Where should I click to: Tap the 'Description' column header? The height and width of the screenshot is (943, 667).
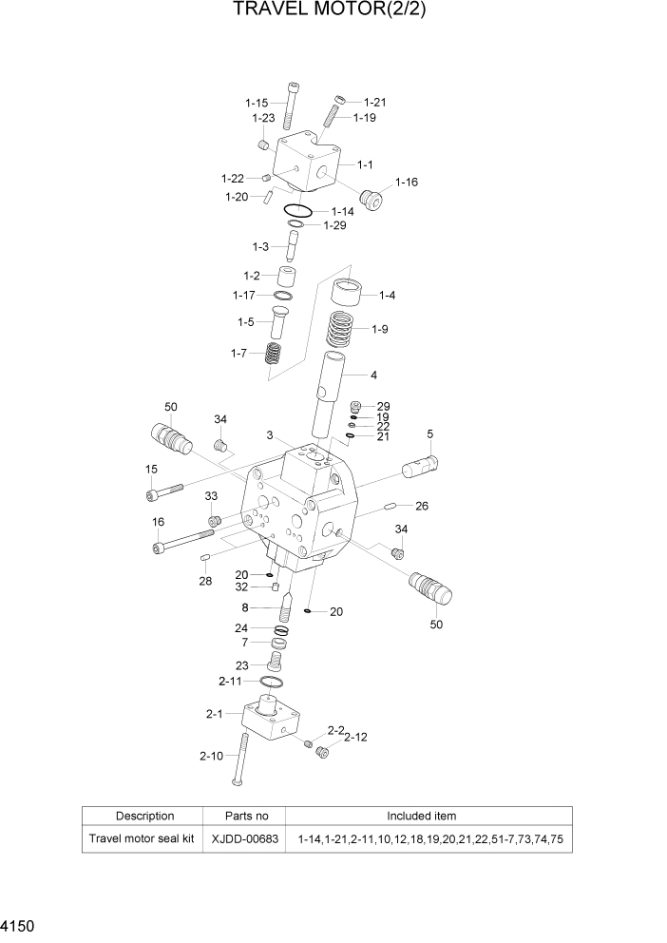coord(144,816)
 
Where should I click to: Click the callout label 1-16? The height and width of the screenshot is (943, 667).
coord(406,182)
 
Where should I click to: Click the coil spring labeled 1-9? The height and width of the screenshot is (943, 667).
coord(344,329)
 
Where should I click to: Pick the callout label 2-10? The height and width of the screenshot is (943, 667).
coord(211,756)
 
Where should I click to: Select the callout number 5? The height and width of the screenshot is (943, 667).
coord(429,434)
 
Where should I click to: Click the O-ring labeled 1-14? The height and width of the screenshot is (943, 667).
coord(297,210)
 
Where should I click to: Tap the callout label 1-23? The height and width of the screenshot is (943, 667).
coord(263,118)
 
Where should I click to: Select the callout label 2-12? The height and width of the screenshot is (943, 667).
coord(355,737)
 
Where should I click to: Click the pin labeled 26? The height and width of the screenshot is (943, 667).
coord(391,506)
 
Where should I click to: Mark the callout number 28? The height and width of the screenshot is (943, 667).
coord(205,581)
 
